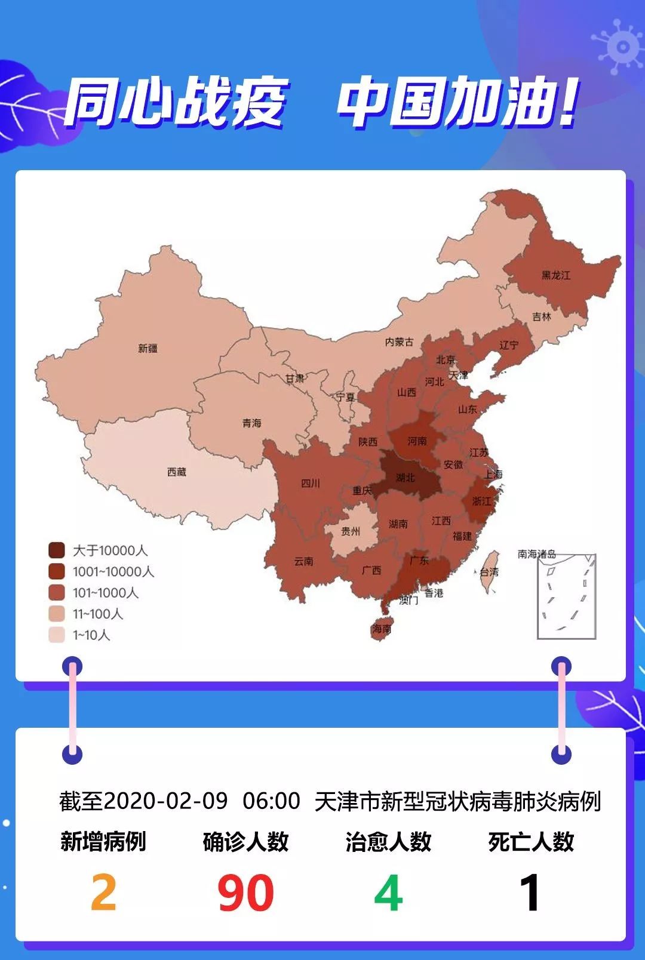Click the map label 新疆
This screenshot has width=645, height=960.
148,348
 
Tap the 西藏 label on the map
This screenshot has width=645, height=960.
177,472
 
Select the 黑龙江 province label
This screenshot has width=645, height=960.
555,275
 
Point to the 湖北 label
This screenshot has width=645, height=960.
405,477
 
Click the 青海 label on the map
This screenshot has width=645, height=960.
251,423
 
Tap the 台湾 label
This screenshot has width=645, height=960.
489,571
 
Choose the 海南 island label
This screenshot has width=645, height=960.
382,628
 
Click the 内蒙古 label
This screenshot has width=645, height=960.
399,341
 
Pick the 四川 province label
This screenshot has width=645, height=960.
310,483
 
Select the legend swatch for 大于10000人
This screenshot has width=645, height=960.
57,550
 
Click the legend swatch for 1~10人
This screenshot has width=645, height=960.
57,635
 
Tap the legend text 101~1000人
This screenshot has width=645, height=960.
106,593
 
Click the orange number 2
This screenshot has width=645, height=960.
103,893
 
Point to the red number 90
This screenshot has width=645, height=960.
245,893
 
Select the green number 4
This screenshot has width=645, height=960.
388,893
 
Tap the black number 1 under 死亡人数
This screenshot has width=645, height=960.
530,893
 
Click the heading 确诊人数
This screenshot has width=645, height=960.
245,842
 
